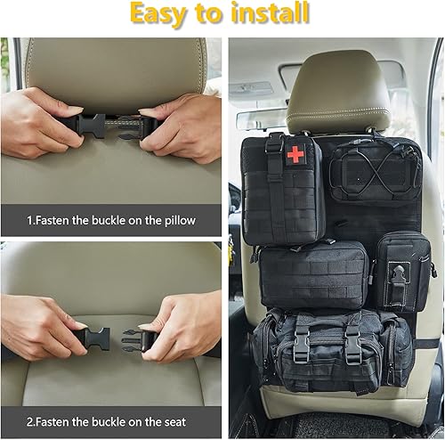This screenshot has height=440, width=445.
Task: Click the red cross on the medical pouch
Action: point(295,154)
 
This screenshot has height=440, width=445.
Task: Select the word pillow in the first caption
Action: point(176,218)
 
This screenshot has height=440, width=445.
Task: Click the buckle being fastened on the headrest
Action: point(109,124)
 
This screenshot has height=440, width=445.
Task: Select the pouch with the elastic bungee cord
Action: point(375,171)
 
